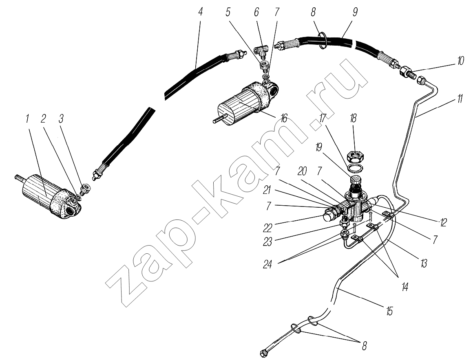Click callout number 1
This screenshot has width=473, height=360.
pyautogui.click(x=27, y=119)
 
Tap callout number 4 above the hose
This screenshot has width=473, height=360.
pyautogui.click(x=200, y=12)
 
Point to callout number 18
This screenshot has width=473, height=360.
pyautogui.click(x=353, y=119)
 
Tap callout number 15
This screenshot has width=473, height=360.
pyautogui.click(x=389, y=311)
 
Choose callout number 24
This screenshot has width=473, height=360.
pyautogui.click(x=267, y=264)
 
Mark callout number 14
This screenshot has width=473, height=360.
pyautogui.click(x=404, y=287)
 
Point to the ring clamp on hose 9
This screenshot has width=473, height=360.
pyautogui.click(x=323, y=40)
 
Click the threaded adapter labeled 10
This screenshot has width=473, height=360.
pyautogui.click(x=407, y=72)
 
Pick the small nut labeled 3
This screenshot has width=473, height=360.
pyautogui.click(x=84, y=190)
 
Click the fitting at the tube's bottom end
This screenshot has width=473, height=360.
pyautogui.click(x=264, y=353)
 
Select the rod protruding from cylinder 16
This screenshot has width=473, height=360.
pyautogui.click(x=219, y=119)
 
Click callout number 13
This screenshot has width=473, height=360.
pyautogui.click(x=424, y=263)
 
